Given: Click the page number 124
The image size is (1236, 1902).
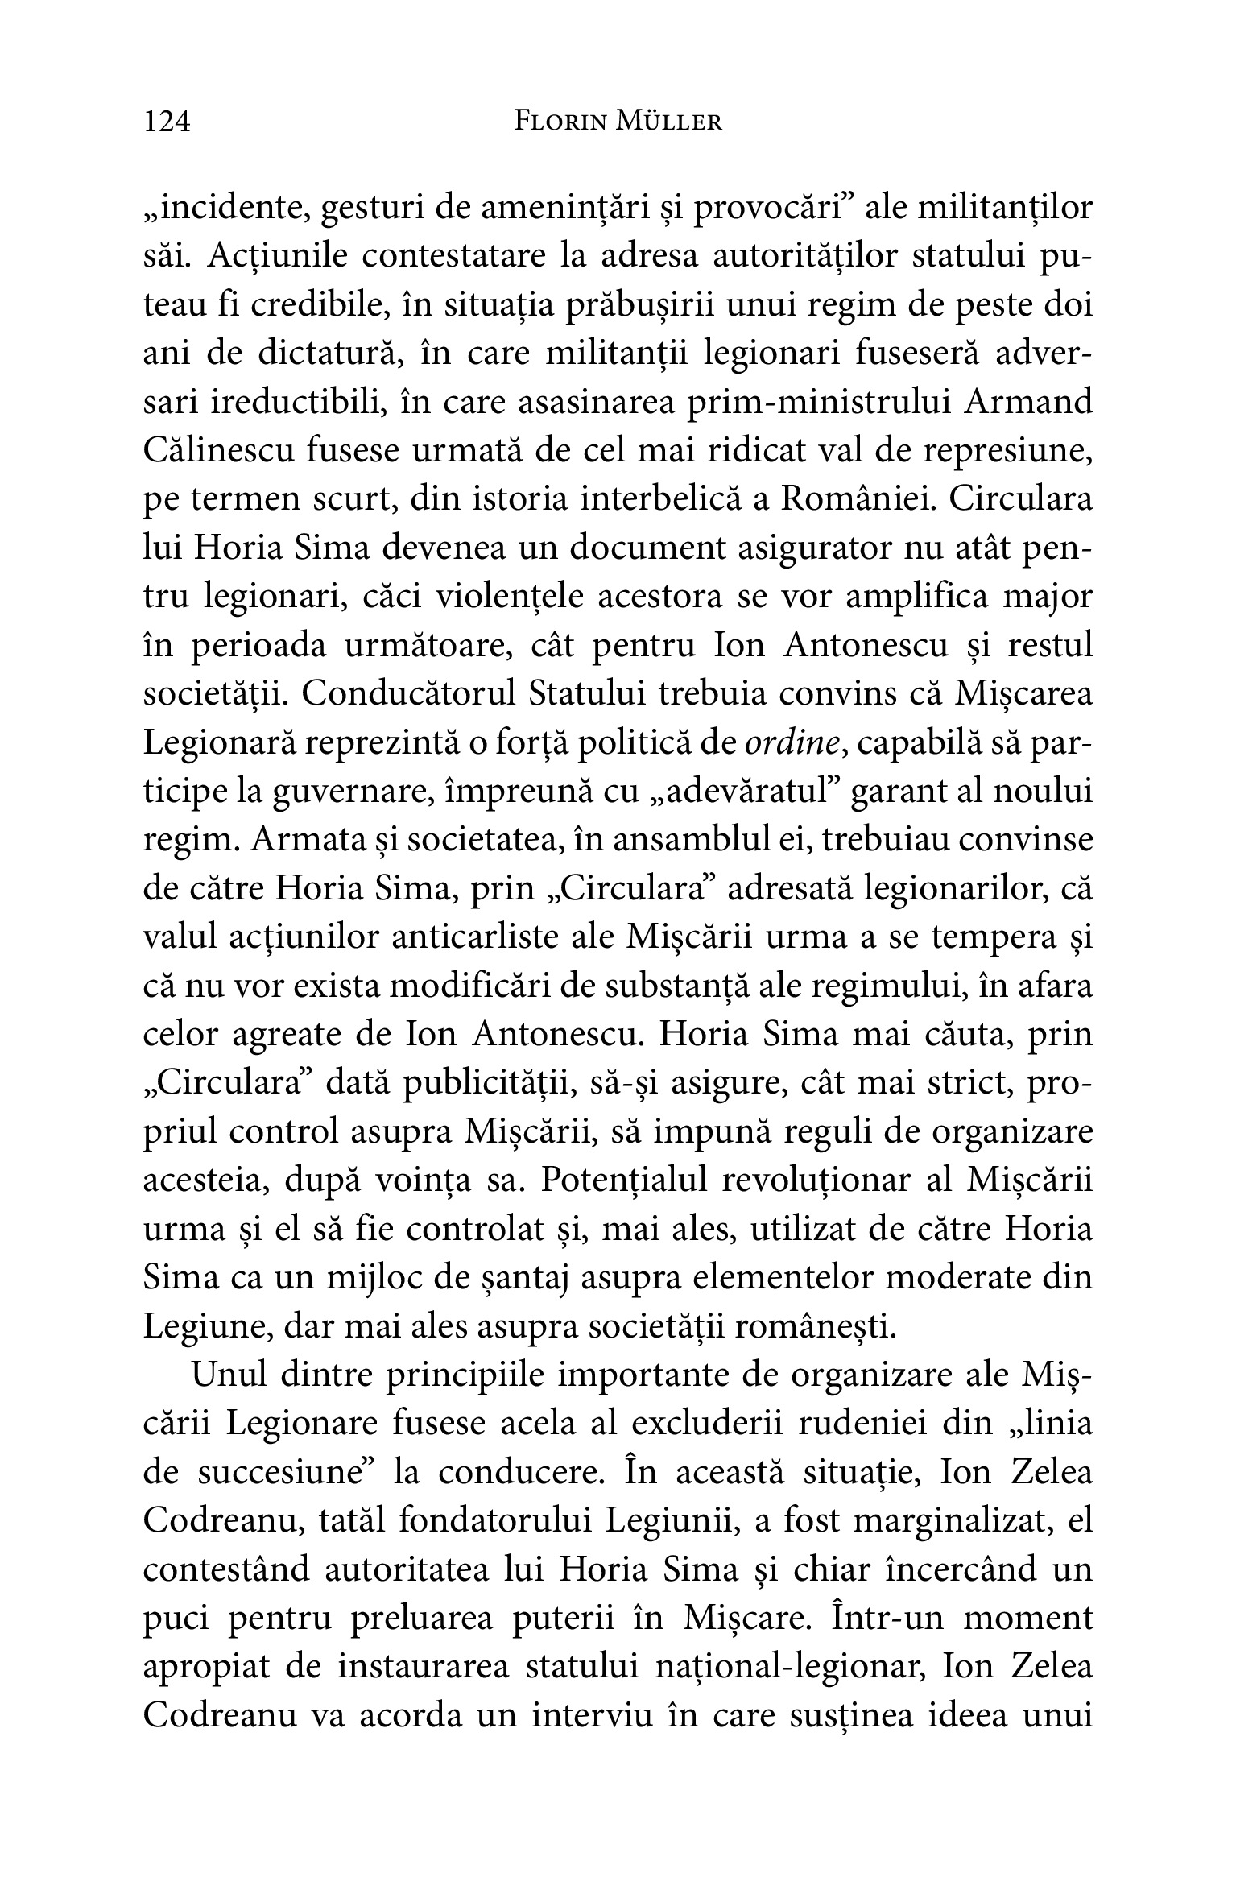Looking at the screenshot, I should [167, 122].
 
